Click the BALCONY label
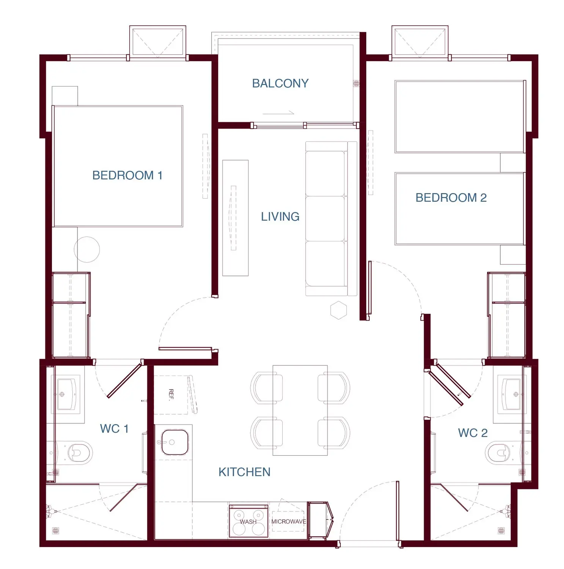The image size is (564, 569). tap(280, 83)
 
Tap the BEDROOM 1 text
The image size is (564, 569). tap(127, 175)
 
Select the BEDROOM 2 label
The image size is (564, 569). tap(451, 198)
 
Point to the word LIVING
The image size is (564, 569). tap(280, 217)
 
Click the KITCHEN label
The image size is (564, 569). tap(245, 472)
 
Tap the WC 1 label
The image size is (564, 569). tap(114, 429)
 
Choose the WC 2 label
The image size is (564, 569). tap(473, 433)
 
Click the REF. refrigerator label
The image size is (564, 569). tap(171, 395)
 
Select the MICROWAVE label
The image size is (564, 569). tap(289, 522)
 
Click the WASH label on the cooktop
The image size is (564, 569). tap(248, 522)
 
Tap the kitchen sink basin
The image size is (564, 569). tap(175, 442)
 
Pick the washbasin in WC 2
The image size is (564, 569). tap(511, 395)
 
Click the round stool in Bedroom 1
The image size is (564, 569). tap(87, 250)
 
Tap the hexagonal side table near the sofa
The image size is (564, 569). tap(338, 310)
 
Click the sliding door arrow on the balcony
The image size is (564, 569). tap(278, 113)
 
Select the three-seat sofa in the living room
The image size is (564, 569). tap(331, 218)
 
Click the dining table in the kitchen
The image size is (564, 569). tap(300, 410)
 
